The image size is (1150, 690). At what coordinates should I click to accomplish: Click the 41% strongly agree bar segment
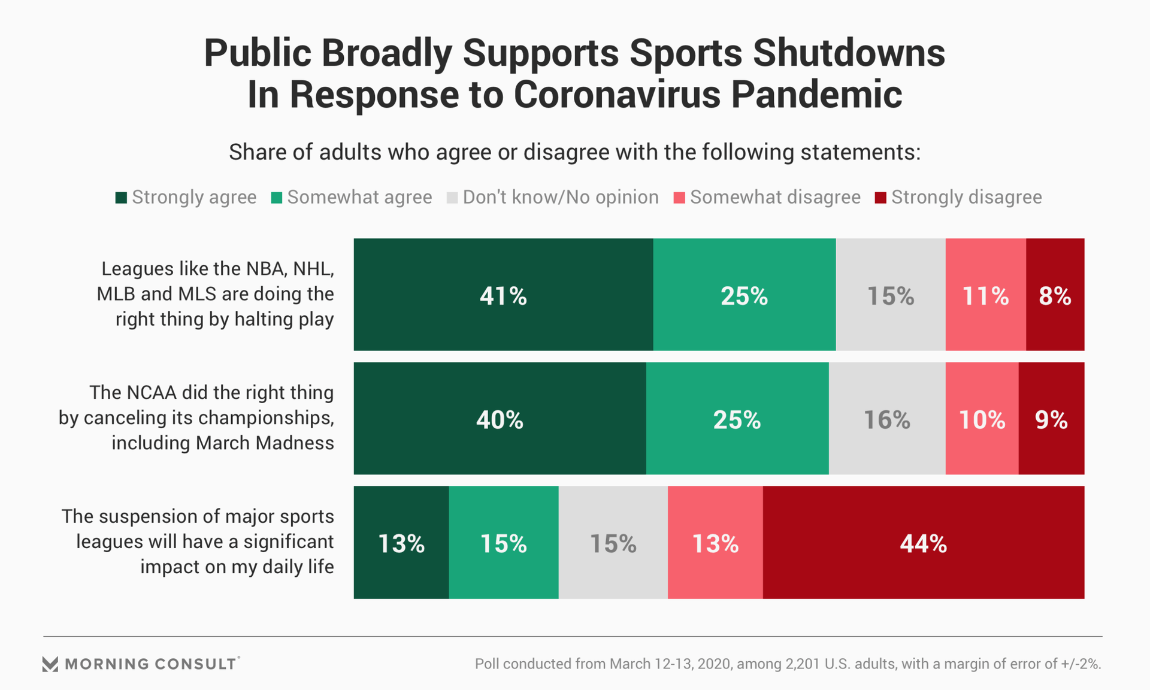503,295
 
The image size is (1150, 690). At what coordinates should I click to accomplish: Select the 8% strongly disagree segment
1055,295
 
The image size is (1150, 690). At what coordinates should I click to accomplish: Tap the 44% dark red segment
923,543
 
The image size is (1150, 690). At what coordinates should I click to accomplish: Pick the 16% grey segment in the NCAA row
886,419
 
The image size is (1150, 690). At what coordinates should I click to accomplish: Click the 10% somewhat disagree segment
982,419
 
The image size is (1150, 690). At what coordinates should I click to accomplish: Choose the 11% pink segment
985,295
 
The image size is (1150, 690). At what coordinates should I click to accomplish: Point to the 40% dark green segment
500,419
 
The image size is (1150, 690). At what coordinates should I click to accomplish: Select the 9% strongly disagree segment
1051,419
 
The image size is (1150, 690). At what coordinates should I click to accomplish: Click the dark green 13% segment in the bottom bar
401,543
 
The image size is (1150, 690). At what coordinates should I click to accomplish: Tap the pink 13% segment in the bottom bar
715,543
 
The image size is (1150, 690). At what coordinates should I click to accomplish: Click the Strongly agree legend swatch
121,198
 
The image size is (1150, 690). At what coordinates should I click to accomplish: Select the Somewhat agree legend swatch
276,198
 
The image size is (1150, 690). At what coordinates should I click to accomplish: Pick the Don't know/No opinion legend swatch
452,198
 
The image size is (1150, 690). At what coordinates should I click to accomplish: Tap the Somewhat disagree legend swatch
679,198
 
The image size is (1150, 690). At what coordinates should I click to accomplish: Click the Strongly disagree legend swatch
880,198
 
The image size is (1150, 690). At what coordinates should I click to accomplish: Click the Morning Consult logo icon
50,664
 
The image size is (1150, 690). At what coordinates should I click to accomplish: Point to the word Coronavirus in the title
617,95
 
